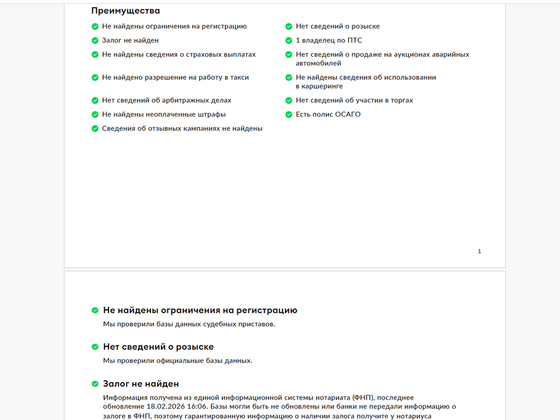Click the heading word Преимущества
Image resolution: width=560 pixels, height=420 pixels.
pos(125,10)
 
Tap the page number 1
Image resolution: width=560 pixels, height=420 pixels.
pos(480,251)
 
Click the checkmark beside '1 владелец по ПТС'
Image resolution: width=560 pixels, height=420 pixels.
pos(289,41)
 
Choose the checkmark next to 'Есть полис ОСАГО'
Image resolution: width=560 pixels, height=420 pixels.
pos(289,115)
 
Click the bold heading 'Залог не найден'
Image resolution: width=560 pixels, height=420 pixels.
pos(141,384)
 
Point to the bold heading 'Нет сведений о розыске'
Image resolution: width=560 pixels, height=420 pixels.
pos(158,347)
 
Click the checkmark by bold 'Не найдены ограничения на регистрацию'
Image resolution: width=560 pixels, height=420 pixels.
pos(95,311)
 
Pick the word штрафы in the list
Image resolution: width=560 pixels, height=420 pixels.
pos(212,115)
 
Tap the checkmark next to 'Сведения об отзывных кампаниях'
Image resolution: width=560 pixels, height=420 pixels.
pos(95,129)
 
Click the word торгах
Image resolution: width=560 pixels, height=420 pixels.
pos(401,100)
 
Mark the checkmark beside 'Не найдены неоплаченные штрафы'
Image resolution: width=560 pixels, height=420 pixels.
pos(95,115)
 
